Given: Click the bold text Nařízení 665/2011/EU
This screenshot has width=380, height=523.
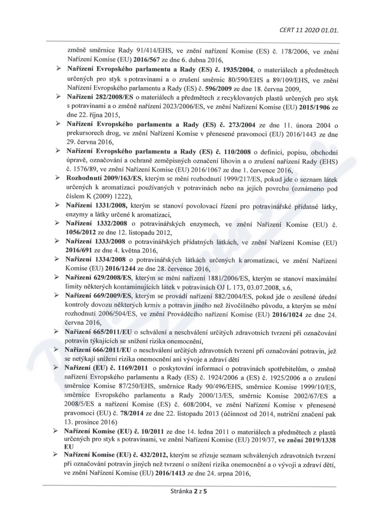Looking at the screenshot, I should pos(99,331).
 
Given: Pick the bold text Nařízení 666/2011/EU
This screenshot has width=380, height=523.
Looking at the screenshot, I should pos(99,349).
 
